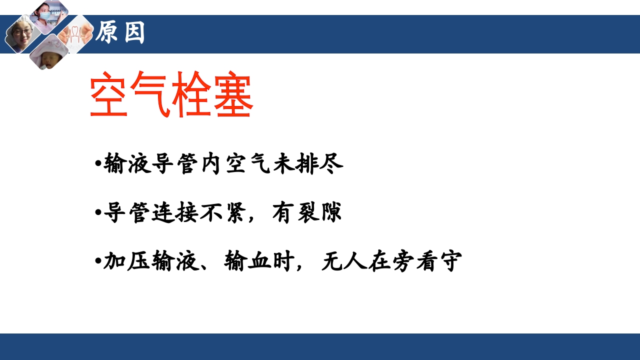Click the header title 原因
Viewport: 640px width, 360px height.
120,33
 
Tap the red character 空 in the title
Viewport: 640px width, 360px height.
110,95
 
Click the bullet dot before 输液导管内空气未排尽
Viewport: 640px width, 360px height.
97,164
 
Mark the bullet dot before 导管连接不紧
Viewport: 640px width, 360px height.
97,212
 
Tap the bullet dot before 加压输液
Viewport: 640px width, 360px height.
97,261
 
